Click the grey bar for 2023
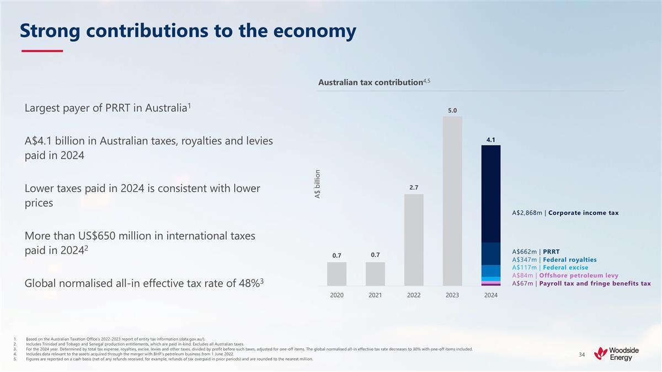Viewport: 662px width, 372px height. point(452,201)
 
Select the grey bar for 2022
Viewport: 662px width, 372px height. point(414,240)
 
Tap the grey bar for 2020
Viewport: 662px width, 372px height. point(337,274)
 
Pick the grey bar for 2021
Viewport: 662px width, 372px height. point(375,274)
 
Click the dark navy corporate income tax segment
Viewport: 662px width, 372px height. point(490,193)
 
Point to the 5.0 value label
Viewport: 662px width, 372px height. point(452,110)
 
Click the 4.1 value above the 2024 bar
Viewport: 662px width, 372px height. point(490,139)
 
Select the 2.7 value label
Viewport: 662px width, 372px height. point(414,188)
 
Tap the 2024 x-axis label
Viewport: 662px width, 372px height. point(490,295)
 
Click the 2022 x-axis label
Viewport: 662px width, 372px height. point(414,295)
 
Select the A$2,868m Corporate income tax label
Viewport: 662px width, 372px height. point(565,213)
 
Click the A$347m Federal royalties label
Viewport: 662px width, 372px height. point(554,260)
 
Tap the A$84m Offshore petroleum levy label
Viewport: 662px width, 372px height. point(565,276)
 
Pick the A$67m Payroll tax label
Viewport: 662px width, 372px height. point(581,284)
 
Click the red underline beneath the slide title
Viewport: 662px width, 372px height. point(42,51)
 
